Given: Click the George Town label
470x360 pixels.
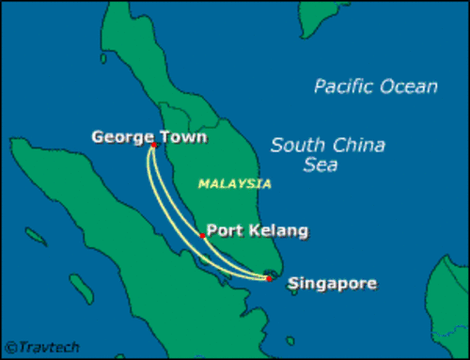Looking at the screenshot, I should pos(149,137).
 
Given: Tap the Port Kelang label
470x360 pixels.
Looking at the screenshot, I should pos(257,230).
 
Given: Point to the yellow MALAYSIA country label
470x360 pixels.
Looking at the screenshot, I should pos(234,184).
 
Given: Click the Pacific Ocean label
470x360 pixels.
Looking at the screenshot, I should pos(375,87).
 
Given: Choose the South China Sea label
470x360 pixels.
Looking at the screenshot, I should pos(327,155).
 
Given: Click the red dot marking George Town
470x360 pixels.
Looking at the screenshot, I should pos(153,146).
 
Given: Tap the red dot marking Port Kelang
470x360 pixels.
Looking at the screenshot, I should pos(202,236).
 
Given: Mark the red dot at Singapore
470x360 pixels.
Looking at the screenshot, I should pos(269,278).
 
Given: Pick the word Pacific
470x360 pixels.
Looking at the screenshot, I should pos(345,87).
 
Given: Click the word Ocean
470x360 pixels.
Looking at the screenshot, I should pos(408,87).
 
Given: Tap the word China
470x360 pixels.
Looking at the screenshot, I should pos(358,146).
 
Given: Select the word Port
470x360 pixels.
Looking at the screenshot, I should pos(223,230).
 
